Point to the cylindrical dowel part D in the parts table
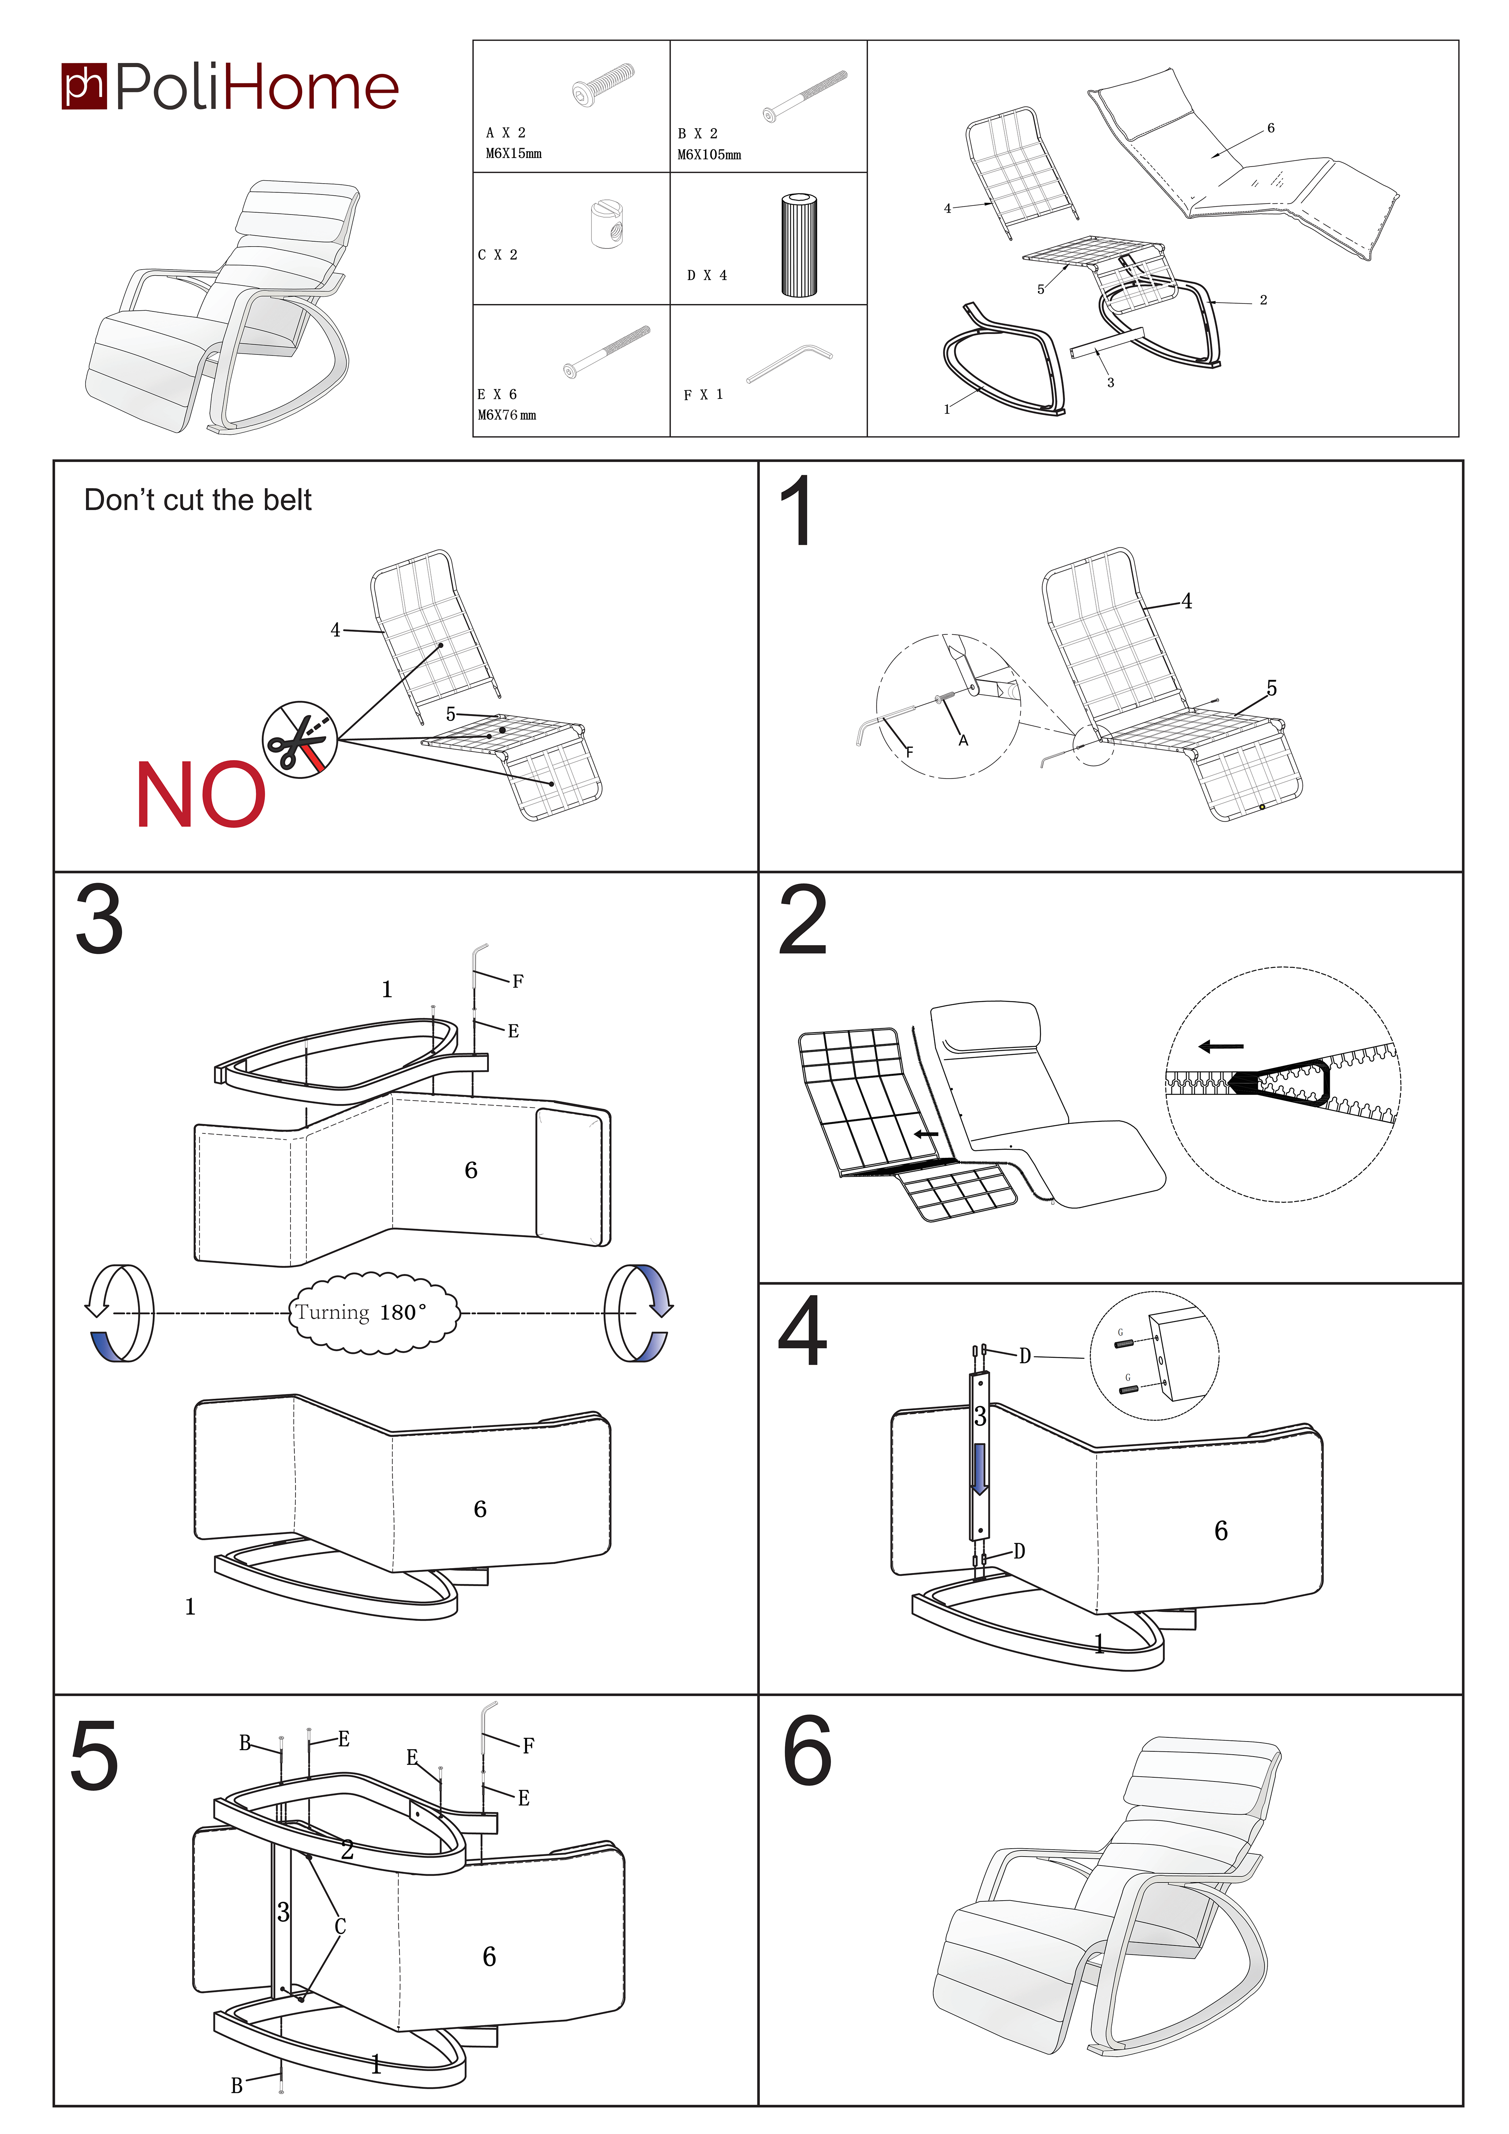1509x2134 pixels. coord(799,245)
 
